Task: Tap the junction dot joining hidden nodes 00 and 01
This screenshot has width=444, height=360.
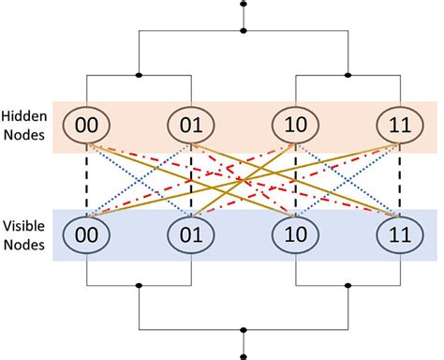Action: coord(140,74)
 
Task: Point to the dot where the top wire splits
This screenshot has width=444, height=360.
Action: coord(244,31)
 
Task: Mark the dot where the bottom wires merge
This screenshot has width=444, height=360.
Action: coord(244,330)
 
